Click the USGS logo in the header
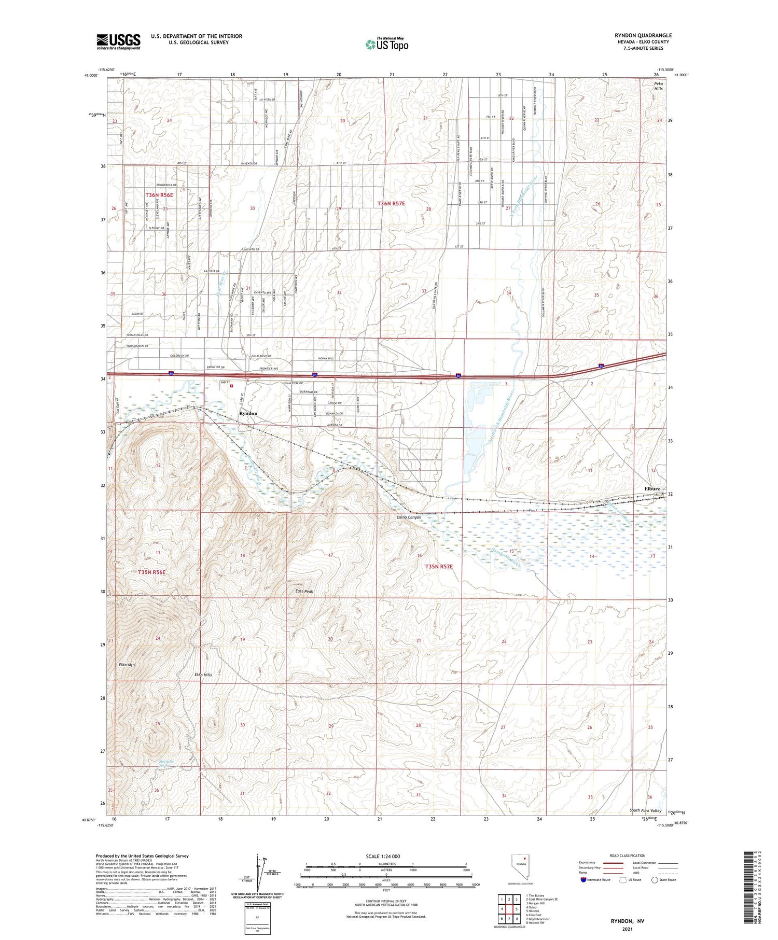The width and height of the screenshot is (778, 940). (118, 41)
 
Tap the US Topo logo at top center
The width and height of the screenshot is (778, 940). (386, 45)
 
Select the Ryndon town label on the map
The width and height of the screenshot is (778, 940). (248, 413)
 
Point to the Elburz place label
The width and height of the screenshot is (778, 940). (652, 488)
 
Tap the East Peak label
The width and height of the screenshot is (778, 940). (304, 591)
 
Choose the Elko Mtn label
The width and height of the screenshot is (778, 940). (127, 664)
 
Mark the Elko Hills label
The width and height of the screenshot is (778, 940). (203, 675)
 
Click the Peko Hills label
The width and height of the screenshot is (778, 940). (658, 86)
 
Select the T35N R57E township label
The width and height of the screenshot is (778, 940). (439, 567)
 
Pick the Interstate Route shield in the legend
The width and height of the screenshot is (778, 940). (584, 880)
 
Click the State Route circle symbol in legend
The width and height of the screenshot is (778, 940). (655, 880)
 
